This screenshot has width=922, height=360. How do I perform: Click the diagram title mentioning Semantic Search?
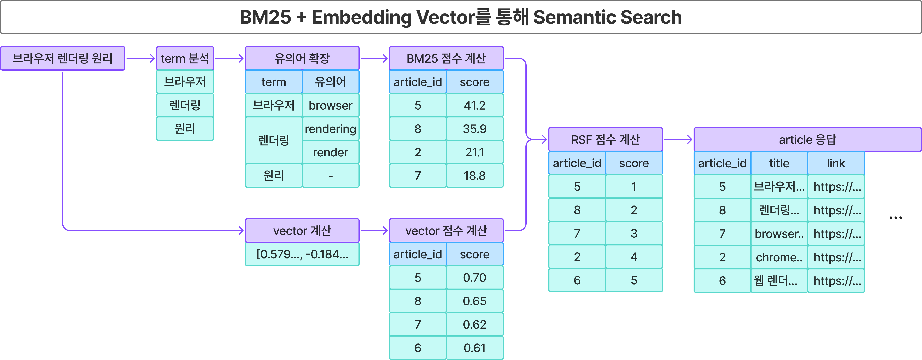461,17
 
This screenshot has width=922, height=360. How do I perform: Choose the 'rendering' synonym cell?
330,129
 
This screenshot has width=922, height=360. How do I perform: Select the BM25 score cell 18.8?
475,176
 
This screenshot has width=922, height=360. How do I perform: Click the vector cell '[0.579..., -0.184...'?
302,254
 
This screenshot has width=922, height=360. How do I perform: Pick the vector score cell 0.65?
475,301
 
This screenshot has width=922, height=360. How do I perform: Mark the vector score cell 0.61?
475,348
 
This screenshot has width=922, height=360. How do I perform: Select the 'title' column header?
779,163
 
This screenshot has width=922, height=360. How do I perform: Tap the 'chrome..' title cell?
779,257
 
